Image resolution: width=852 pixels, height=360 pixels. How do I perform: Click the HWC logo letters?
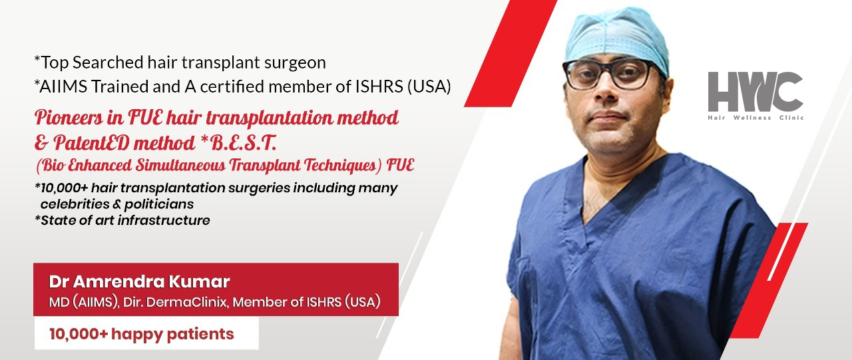(755, 92)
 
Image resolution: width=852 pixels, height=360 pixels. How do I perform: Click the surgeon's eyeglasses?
(612, 74)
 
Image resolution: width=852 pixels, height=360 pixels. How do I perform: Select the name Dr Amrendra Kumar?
(139, 281)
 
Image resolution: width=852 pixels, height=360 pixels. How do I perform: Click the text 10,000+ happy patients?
(142, 334)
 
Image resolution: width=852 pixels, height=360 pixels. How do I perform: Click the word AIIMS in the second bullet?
(63, 87)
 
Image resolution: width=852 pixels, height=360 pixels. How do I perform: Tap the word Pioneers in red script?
(69, 118)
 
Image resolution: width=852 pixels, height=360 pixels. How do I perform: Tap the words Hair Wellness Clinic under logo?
(755, 118)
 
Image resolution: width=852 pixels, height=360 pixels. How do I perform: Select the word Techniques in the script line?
(347, 166)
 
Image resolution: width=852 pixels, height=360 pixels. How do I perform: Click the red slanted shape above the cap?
(511, 53)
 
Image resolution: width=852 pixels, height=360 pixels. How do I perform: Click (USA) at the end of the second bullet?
(429, 87)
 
